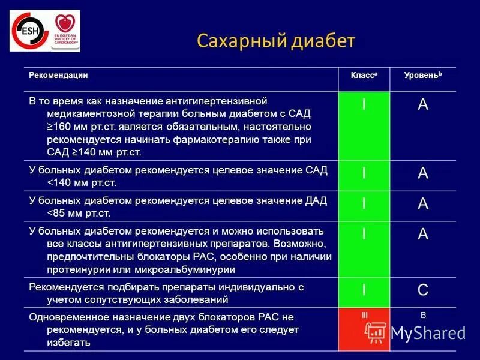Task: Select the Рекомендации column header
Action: [x=59, y=76]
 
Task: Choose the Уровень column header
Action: [x=422, y=76]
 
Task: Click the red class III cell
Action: [x=364, y=330]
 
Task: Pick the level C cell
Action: [x=423, y=290]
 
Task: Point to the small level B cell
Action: [x=423, y=315]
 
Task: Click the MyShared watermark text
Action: [x=428, y=332]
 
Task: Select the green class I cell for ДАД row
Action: [x=364, y=204]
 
